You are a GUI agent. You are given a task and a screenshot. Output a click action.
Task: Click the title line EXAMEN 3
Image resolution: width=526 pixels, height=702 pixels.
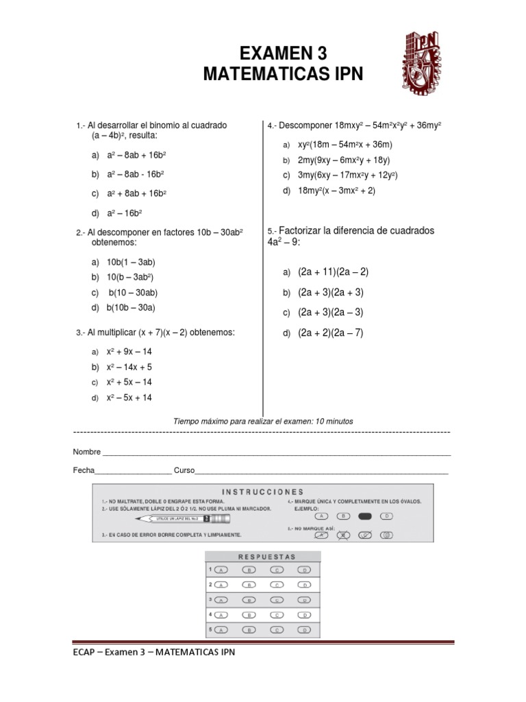(x=283, y=53)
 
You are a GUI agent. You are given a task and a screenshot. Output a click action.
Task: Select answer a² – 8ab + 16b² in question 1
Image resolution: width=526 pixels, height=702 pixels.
(x=137, y=156)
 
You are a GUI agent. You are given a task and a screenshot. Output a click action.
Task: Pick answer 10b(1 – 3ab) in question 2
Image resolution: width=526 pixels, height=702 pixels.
(x=131, y=262)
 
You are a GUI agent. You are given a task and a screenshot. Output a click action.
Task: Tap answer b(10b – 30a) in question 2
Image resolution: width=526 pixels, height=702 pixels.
(x=131, y=308)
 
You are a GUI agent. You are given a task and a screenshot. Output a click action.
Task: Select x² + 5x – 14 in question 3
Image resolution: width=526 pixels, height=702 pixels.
(x=129, y=382)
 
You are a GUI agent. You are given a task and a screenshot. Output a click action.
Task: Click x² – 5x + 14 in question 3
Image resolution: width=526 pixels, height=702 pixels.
(x=129, y=398)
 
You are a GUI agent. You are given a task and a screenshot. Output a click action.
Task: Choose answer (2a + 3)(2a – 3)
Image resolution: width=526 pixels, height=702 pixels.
(x=330, y=312)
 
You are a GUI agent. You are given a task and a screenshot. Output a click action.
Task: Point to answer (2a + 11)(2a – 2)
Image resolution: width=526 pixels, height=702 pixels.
(x=333, y=271)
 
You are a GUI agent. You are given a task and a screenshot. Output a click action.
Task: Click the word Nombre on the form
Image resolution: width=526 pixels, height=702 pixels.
(x=87, y=452)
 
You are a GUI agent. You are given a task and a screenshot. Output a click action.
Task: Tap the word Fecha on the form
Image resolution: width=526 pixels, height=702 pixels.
(x=84, y=471)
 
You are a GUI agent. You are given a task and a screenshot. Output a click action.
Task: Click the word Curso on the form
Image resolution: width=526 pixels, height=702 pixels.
(x=184, y=471)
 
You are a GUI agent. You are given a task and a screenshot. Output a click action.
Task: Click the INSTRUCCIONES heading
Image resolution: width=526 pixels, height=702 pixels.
(x=262, y=492)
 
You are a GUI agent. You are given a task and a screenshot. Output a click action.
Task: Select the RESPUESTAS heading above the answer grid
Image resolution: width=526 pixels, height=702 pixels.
(x=266, y=557)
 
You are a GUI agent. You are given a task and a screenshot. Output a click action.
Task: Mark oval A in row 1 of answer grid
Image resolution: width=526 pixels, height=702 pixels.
(x=221, y=570)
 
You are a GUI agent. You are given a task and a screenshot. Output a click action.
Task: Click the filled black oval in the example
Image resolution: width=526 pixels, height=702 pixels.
(x=366, y=516)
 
